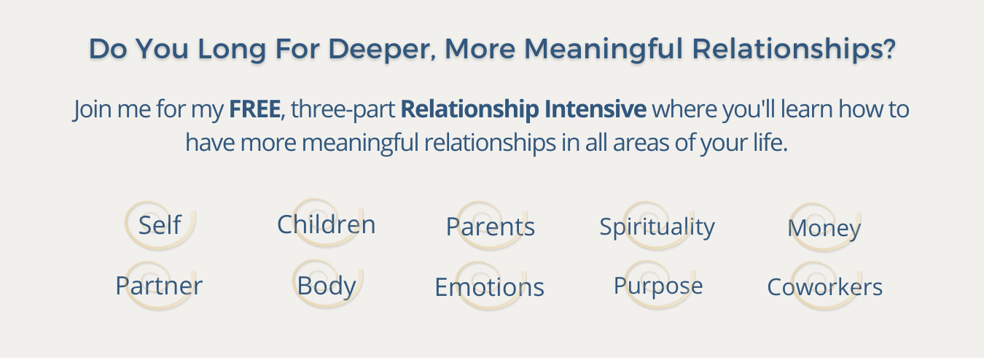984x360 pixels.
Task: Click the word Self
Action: pyautogui.click(x=160, y=224)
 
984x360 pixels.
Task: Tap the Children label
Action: pyautogui.click(x=326, y=224)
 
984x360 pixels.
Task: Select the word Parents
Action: pyautogui.click(x=491, y=227)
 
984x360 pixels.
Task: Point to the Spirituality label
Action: pyautogui.click(x=657, y=227)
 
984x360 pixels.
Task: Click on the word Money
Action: pyautogui.click(x=824, y=229)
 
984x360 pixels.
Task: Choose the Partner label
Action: pyautogui.click(x=159, y=286)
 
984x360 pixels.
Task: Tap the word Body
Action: pyautogui.click(x=327, y=286)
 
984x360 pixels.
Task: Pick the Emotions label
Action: pyautogui.click(x=489, y=287)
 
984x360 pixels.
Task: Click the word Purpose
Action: pyautogui.click(x=658, y=286)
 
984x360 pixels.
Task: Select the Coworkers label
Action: pyautogui.click(x=824, y=287)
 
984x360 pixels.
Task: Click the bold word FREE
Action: pyautogui.click(x=255, y=109)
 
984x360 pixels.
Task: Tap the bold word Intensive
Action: pyautogui.click(x=596, y=109)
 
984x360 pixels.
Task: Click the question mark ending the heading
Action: pyautogui.click(x=890, y=48)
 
